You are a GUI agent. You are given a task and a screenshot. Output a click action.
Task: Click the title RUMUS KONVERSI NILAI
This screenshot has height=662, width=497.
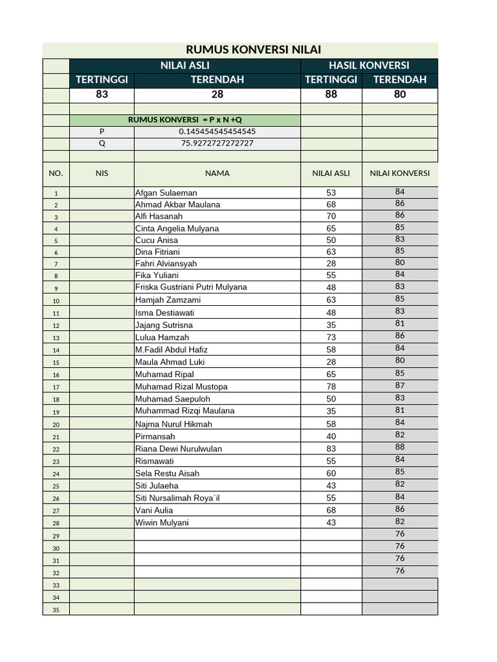(x=254, y=50)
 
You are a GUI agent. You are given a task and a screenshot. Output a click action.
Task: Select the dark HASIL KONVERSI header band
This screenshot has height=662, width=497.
(x=369, y=65)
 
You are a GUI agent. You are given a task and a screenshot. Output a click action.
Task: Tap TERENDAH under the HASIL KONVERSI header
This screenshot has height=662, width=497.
(x=399, y=80)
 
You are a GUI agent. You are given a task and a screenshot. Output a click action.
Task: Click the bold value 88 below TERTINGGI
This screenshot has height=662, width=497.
(x=331, y=94)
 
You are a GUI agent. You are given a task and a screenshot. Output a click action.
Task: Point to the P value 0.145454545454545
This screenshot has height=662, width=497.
(x=217, y=131)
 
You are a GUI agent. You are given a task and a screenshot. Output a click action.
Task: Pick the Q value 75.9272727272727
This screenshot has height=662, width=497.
(x=217, y=143)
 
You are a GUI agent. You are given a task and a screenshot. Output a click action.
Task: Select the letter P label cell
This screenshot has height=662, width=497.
(x=102, y=131)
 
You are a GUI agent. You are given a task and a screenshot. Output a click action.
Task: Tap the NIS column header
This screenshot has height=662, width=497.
(x=102, y=173)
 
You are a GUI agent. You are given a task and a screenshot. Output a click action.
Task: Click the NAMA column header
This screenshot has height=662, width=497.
(x=217, y=173)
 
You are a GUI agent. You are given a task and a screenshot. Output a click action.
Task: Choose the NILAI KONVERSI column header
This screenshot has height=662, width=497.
(x=399, y=173)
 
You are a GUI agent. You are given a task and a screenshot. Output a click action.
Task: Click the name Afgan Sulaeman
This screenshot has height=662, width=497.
(x=166, y=193)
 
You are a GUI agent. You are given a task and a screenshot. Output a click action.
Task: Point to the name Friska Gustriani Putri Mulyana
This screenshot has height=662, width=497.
(x=191, y=287)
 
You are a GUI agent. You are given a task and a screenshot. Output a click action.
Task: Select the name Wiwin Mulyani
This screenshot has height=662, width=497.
(x=162, y=522)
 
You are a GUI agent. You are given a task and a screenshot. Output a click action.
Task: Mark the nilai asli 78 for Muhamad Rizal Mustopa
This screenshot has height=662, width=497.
(x=331, y=387)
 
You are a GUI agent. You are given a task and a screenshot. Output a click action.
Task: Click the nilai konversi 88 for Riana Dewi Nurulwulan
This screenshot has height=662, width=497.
(x=399, y=447)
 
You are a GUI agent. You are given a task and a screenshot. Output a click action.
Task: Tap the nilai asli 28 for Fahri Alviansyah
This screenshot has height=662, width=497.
(x=331, y=264)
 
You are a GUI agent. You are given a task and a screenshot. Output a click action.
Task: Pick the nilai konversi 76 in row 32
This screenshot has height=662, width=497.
(x=399, y=570)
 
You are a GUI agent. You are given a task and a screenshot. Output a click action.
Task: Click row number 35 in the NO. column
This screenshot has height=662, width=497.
(x=56, y=610)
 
